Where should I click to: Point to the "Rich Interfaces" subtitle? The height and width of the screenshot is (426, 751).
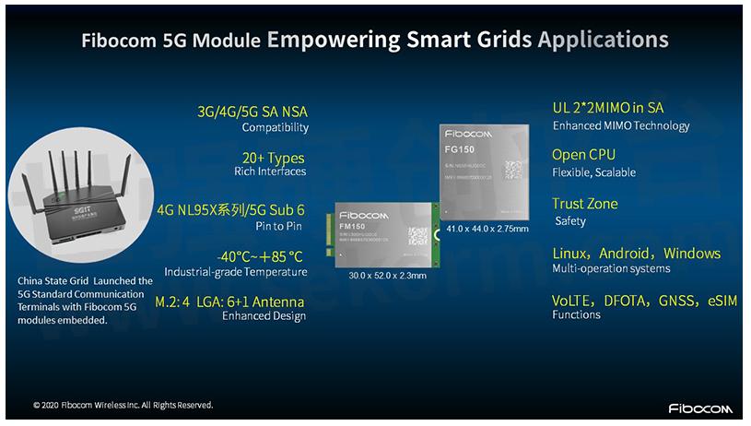(269, 171)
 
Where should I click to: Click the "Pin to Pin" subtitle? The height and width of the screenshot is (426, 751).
(281, 224)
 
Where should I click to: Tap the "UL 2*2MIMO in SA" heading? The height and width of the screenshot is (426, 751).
(607, 108)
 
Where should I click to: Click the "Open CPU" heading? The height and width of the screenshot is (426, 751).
(583, 154)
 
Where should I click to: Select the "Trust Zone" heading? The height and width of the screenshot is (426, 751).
(585, 204)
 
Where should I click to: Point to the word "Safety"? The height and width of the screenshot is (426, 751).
(570, 221)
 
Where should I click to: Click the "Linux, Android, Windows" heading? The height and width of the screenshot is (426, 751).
(636, 253)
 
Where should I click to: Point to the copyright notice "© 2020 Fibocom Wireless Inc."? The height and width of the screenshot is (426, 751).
(123, 405)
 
